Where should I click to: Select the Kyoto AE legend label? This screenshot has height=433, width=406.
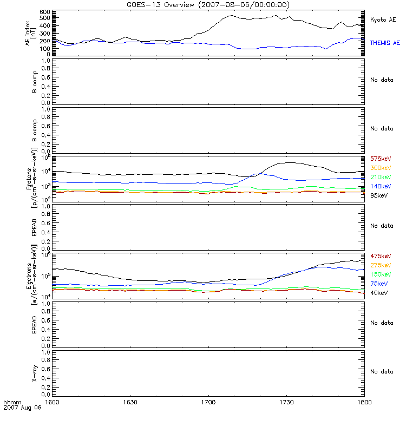click(x=383, y=20)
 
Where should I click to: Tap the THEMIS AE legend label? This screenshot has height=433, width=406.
click(x=385, y=42)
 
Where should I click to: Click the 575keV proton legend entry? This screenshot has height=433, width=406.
click(x=380, y=159)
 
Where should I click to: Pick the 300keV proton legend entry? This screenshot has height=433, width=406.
click(x=380, y=168)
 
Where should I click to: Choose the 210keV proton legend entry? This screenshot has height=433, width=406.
click(x=380, y=178)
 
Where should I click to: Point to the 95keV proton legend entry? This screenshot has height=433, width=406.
click(x=378, y=196)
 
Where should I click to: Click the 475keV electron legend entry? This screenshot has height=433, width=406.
click(x=380, y=256)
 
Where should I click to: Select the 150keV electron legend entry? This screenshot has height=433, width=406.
click(x=380, y=274)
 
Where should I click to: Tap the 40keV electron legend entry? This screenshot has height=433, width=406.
click(x=378, y=293)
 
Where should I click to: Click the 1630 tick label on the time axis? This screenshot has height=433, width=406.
click(x=131, y=403)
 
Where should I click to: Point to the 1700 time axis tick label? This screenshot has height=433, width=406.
click(x=208, y=403)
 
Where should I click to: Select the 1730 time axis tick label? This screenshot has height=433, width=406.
click(x=286, y=403)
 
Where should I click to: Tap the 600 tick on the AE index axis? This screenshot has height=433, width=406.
click(x=45, y=12)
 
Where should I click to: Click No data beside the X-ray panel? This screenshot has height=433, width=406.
click(x=382, y=371)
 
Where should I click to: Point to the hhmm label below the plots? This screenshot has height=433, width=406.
click(x=11, y=403)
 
